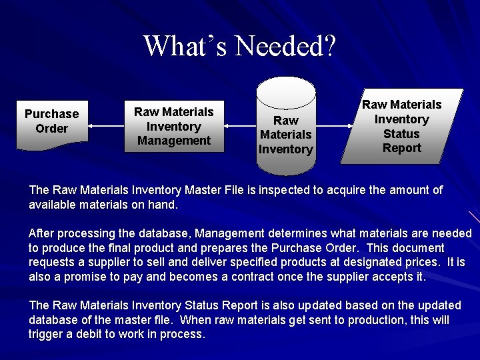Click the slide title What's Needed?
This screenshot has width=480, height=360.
240,46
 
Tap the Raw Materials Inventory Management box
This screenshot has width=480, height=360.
174,126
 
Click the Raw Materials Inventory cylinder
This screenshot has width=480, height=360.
285,127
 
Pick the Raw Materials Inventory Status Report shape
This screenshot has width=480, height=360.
401,126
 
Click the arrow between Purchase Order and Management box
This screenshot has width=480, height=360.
106,125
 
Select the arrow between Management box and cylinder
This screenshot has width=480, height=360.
241,125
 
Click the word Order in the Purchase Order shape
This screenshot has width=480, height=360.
52,129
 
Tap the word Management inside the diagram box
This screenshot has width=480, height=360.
174,141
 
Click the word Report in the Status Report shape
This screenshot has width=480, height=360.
401,148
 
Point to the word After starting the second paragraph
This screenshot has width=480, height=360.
41,233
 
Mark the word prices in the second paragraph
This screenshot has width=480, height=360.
421,263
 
